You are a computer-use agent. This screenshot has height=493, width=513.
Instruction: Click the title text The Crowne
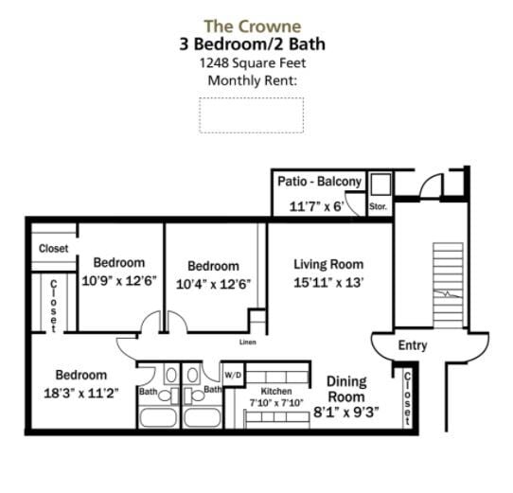coord(252,26)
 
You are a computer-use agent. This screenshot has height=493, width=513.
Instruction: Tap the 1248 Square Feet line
coord(252,62)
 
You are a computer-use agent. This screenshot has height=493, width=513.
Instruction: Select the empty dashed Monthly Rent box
coord(251,114)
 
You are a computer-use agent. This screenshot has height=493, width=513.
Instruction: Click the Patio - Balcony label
coord(319,182)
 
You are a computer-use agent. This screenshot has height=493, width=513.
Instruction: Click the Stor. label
coord(378,205)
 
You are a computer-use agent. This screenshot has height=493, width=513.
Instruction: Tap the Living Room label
coord(328,264)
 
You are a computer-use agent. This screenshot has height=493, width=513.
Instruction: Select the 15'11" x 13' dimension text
coord(328,282)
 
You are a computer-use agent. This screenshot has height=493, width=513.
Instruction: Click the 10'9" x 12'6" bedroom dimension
coord(119,281)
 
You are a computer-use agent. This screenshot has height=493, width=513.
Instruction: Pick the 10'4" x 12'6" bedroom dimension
coord(213,284)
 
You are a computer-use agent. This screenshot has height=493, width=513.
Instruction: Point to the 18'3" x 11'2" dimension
coord(80,393)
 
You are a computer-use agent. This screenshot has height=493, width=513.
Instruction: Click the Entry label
coord(413,345)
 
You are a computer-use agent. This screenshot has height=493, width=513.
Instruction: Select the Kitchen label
coord(275,391)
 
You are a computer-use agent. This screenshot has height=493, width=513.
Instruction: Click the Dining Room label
coord(345,389)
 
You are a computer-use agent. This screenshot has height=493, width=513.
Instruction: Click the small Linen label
coord(248,342)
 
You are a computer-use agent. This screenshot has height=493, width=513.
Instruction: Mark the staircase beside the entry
coord(448,285)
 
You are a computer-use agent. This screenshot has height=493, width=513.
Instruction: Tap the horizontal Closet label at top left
coord(53,249)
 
